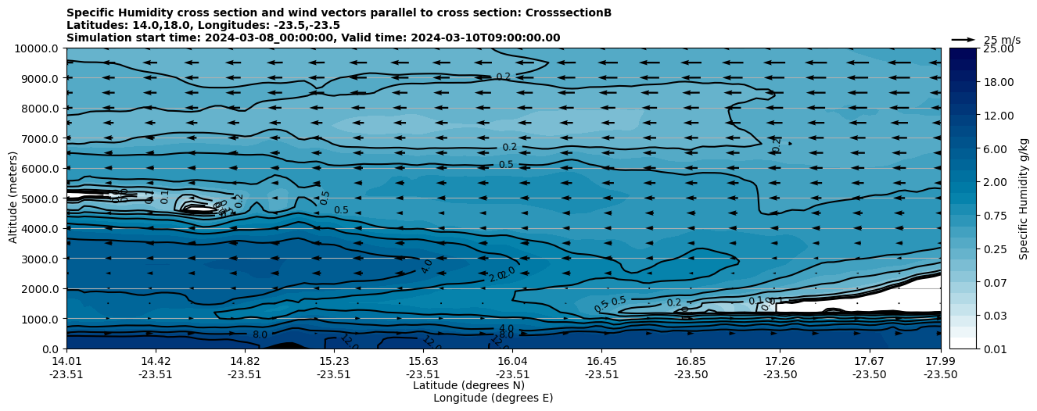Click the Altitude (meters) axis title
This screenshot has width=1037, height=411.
pos(13,198)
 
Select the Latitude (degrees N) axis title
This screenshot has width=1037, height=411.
pos(468,385)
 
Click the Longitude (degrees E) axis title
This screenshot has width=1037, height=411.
pos(493,398)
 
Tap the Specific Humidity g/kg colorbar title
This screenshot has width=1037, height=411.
pos(1024,198)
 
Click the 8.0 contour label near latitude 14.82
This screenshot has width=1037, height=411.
pos(260,334)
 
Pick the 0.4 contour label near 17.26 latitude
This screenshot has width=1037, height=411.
pos(777,145)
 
